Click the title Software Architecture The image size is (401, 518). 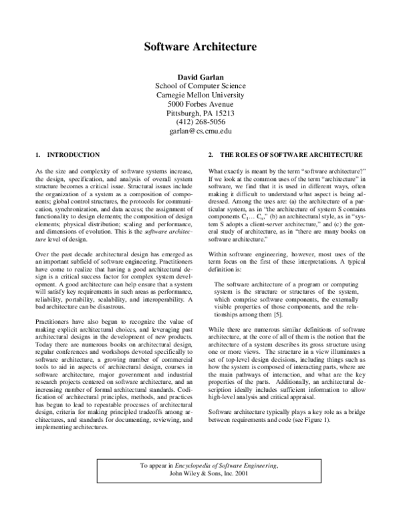[x=200, y=47]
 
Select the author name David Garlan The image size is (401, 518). [x=200, y=76]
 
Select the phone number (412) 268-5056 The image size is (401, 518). [x=200, y=123]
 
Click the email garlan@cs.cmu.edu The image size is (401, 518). [x=200, y=132]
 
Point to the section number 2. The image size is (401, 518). [x=212, y=154]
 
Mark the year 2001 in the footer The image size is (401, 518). [x=252, y=493]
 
